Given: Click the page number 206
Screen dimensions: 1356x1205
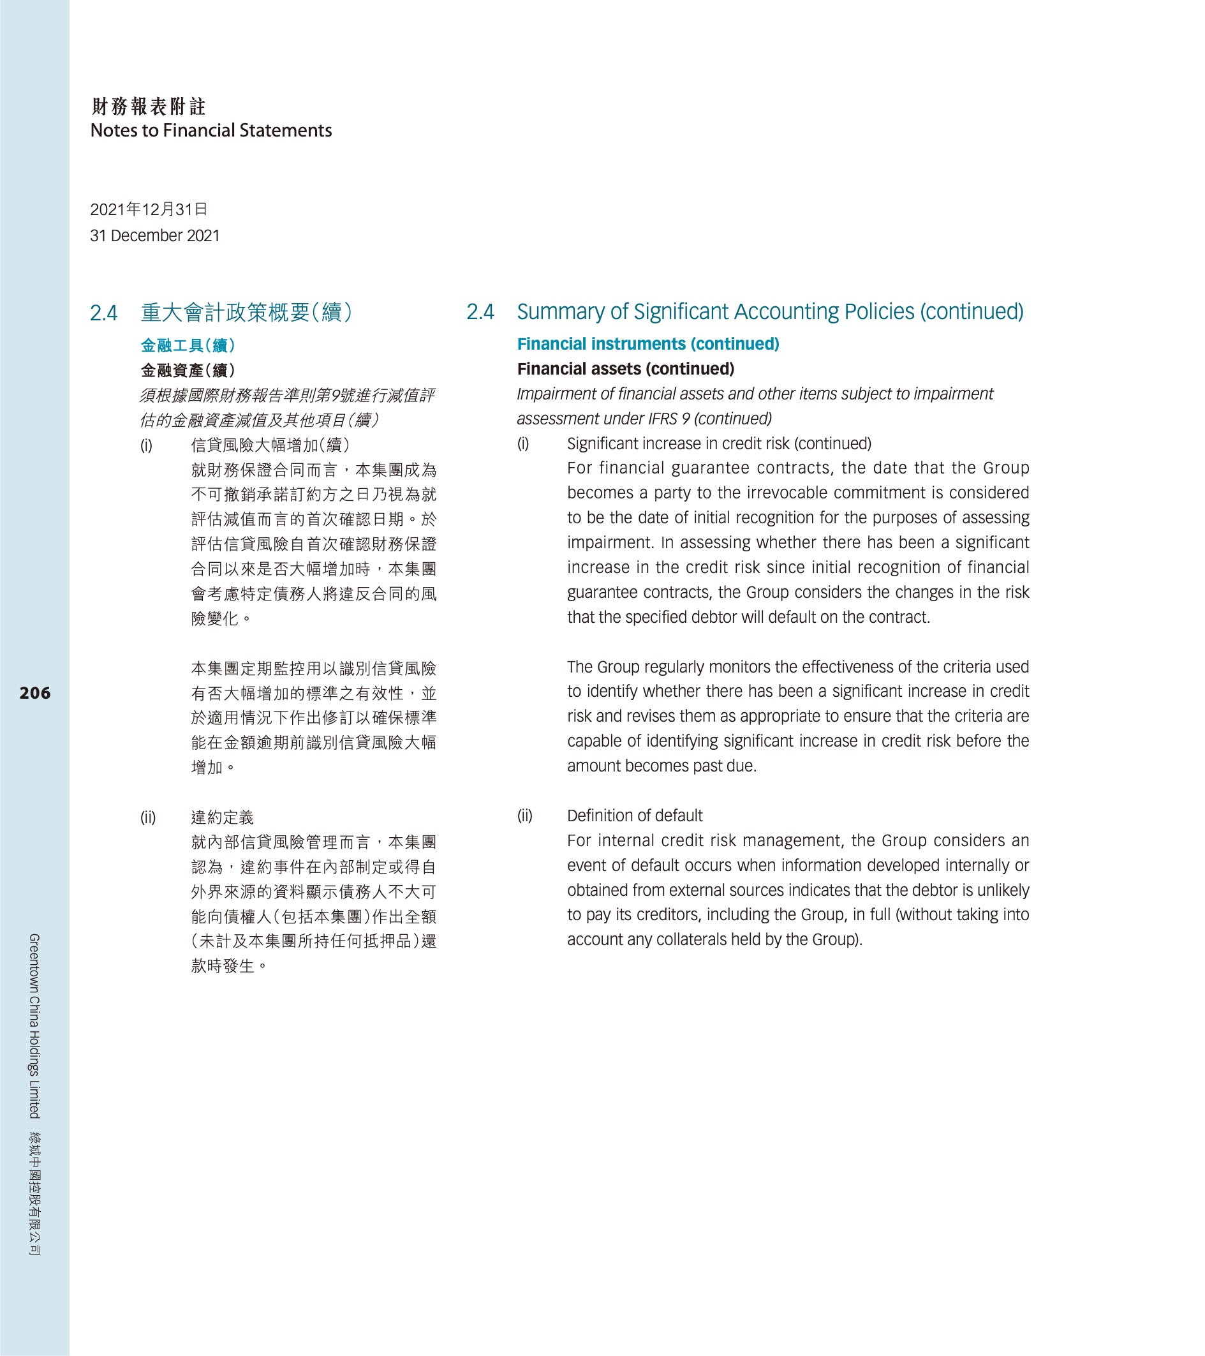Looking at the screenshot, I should coord(34,693).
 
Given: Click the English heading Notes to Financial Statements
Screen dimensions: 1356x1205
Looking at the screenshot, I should coord(211,131).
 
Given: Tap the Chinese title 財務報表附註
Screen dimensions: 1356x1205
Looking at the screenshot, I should coord(149,106).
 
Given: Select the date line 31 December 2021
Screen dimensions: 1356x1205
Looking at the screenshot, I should coord(154,235).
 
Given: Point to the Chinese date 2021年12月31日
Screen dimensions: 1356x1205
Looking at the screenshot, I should coord(149,210).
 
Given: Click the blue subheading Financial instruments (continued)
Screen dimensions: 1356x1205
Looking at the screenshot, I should coord(648,344).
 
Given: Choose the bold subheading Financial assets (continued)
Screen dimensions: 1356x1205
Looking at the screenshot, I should coord(625,369).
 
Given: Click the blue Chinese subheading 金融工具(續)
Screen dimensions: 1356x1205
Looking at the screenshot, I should coord(188,346).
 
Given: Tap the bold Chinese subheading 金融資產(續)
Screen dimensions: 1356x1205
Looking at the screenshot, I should coord(188,370).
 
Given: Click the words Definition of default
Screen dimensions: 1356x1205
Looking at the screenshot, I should coord(635,816).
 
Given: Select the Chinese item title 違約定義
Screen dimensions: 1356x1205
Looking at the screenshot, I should coord(222,817).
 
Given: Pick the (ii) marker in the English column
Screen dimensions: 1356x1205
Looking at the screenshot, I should coord(524,816).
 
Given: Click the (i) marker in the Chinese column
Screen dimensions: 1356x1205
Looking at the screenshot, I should coord(146,445).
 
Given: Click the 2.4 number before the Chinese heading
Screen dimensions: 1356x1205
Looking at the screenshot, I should coord(103,313).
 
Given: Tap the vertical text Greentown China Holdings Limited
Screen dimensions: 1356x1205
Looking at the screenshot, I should coord(34,1025).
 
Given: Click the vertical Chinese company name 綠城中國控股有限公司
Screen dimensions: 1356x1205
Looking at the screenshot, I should coord(34,1193).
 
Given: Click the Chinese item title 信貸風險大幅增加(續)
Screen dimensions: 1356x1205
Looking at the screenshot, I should coord(270,445).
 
